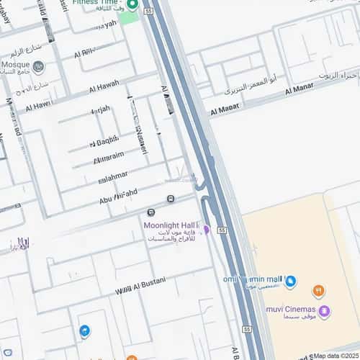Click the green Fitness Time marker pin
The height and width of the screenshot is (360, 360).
(132, 4)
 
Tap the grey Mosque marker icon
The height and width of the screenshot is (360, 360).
(38, 68)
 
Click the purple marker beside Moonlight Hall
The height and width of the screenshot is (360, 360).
(206, 230)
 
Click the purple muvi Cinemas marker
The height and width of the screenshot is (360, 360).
(325, 312)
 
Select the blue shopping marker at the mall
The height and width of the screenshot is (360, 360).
(290, 282)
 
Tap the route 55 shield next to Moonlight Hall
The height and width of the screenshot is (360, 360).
(222, 230)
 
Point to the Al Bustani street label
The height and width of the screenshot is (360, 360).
(140, 284)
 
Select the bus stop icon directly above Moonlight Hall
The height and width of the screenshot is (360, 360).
(150, 212)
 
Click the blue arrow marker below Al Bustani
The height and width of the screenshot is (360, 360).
(85, 331)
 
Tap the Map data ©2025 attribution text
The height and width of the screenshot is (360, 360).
(336, 356)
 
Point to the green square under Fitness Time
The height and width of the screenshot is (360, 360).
(128, 17)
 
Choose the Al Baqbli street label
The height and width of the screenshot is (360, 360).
(105, 141)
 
